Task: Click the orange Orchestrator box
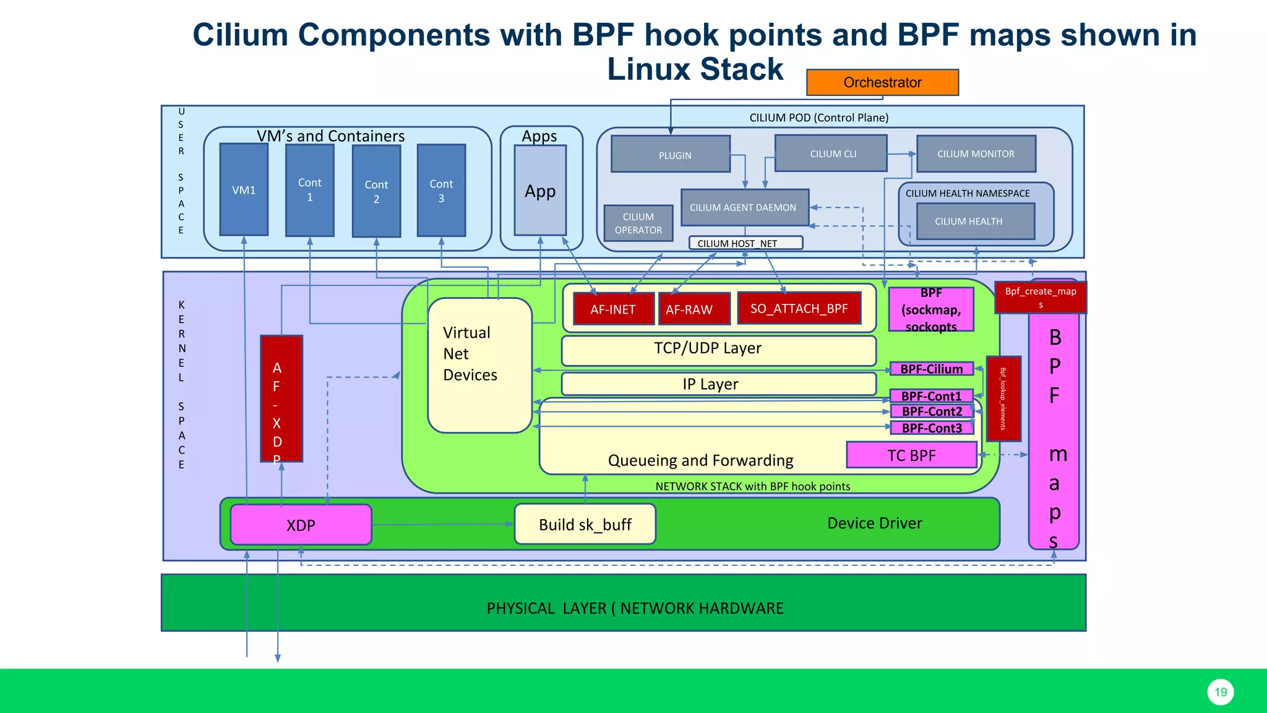(882, 82)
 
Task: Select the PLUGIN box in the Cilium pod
(671, 154)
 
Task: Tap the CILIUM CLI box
(831, 153)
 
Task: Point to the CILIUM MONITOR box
(976, 153)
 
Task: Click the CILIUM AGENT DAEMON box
(744, 207)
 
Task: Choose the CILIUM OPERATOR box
(638, 223)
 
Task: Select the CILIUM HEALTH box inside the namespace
(975, 222)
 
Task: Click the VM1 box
(244, 190)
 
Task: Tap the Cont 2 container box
(376, 191)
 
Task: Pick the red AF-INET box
(613, 309)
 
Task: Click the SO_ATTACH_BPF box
(799, 308)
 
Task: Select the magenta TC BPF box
(911, 456)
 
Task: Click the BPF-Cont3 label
(932, 428)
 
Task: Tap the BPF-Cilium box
(932, 369)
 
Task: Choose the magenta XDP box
(301, 525)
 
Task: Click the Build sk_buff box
(585, 524)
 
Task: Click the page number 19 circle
(1220, 692)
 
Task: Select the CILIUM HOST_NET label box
(745, 243)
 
